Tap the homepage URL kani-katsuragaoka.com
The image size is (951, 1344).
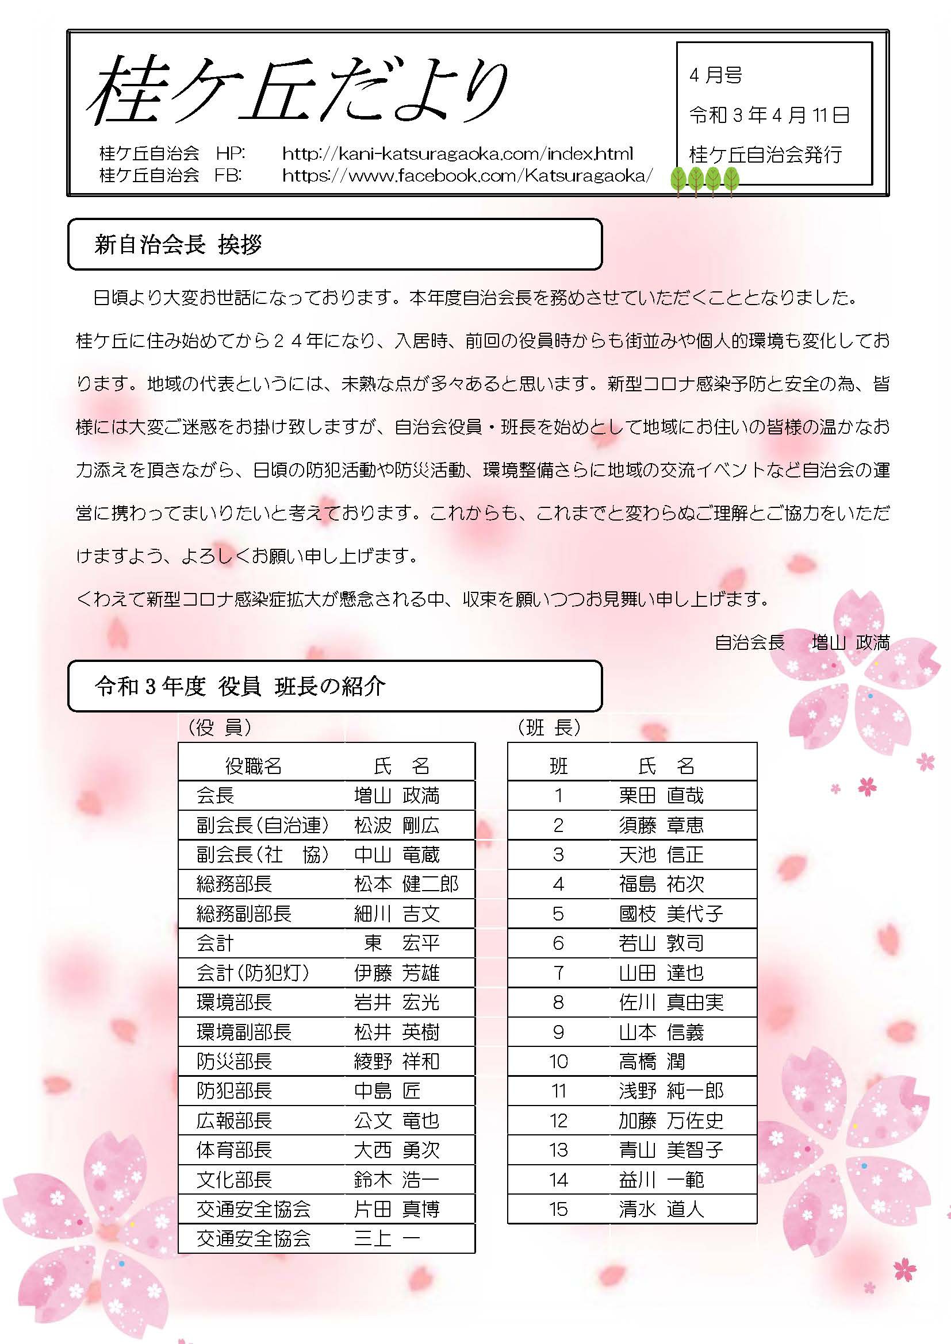coord(457,154)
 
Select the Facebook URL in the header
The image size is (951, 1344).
coord(467,175)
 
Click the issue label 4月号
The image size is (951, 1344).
coord(716,75)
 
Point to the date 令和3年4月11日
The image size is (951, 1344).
coord(769,115)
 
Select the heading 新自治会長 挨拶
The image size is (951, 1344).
coord(178,245)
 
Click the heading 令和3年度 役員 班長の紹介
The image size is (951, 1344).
coord(240,686)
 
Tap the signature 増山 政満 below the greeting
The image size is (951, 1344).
coord(850,643)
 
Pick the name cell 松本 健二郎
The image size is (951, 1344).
coord(406,884)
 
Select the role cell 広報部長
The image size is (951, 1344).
coord(234,1120)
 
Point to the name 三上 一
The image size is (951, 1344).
coord(386,1238)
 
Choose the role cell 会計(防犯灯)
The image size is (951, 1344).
coord(252,973)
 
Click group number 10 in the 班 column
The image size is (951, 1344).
coord(558,1061)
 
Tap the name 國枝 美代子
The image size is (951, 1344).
coord(670,914)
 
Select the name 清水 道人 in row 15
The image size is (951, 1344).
coord(661,1209)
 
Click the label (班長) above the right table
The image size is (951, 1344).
coord(549,727)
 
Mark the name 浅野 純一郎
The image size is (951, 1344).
coord(670,1091)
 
